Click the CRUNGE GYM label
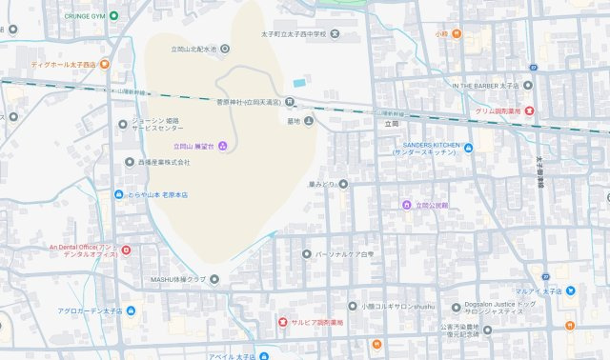tap(84, 16)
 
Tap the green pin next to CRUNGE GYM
tap(114, 16)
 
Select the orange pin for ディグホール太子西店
tap(105, 65)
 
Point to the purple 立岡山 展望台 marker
tap(223, 146)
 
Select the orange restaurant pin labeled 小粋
tap(457, 34)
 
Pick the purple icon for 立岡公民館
tap(406, 205)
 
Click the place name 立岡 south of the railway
tap(392, 124)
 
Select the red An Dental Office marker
tap(126, 250)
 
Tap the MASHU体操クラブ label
tap(178, 279)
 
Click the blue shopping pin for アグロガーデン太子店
tap(130, 310)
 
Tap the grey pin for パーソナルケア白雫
tap(307, 254)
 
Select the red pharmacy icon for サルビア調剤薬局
tap(282, 323)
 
